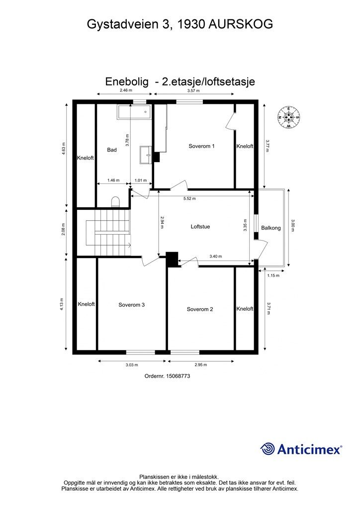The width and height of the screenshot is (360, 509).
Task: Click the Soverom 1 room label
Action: click(x=201, y=146)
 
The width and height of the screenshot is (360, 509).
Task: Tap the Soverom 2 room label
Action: click(x=200, y=309)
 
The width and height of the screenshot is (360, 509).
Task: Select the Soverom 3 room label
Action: click(x=131, y=305)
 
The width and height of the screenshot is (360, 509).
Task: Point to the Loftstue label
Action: click(x=200, y=227)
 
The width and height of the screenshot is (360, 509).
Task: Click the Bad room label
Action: click(x=112, y=150)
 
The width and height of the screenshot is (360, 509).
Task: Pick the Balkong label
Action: click(x=271, y=228)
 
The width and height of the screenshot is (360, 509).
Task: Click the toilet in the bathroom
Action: click(x=115, y=201)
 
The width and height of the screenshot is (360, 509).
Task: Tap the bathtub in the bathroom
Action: click(x=133, y=112)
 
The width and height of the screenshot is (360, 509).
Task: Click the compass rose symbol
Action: click(x=288, y=118)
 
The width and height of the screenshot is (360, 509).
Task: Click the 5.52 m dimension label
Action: click(x=189, y=199)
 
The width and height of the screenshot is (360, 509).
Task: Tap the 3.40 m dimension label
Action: click(x=215, y=256)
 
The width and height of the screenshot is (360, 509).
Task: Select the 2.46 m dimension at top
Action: click(x=126, y=91)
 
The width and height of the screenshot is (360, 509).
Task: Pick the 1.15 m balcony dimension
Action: click(x=273, y=275)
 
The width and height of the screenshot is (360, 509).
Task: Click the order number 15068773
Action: click(x=168, y=376)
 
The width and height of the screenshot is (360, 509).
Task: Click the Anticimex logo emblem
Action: click(x=268, y=449)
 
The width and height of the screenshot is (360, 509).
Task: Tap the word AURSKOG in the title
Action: click(x=241, y=24)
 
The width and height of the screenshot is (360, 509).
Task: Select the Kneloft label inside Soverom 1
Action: click(x=245, y=147)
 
